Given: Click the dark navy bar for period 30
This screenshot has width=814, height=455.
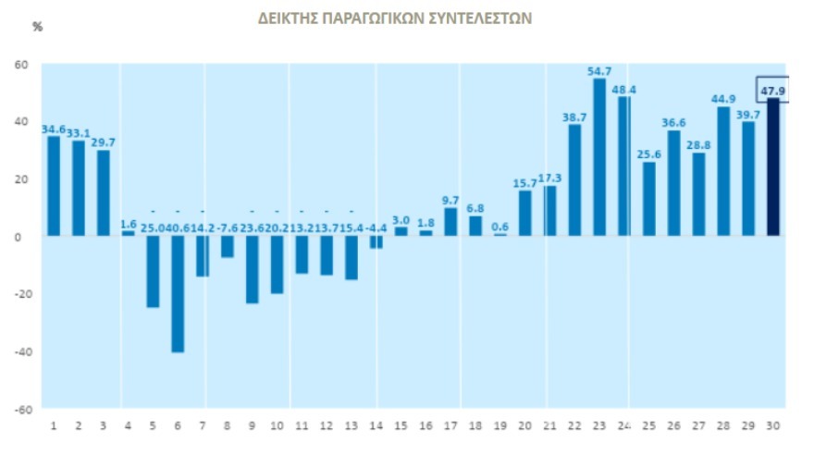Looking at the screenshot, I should [x=773, y=166].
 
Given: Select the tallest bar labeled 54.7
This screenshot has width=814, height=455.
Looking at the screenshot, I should [x=599, y=157].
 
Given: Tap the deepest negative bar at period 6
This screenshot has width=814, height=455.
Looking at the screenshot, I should [x=178, y=294].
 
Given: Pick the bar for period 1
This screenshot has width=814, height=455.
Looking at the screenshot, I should [x=54, y=186].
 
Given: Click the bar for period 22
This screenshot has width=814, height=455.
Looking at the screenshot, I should [x=574, y=180].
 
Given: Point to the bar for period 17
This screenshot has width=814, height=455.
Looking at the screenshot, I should [x=450, y=222].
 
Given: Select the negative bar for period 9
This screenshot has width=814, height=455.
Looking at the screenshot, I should [x=253, y=269].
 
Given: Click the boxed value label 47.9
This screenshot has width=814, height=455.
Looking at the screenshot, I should [x=772, y=90].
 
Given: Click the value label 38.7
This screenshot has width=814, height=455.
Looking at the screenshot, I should [x=574, y=118].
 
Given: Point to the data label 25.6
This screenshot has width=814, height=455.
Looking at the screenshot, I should [x=649, y=154].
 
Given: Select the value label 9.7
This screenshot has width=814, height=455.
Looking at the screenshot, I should [x=450, y=200].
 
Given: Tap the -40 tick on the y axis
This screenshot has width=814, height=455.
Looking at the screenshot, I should [x=20, y=351].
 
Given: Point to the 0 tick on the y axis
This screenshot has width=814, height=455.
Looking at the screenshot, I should [x=25, y=237].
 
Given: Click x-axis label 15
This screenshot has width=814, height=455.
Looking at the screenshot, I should [x=401, y=425].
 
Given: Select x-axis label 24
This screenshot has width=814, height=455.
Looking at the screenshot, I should [x=624, y=425].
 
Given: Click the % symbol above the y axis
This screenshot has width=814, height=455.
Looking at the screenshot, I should [x=38, y=26].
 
